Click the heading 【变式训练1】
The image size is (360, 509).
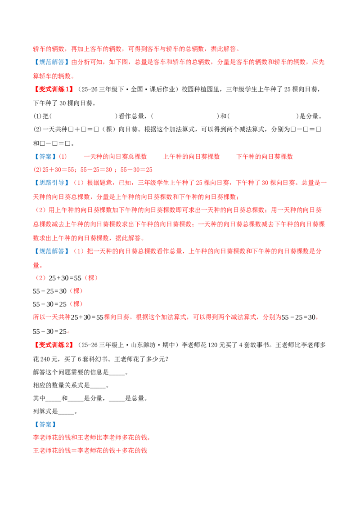[54, 89]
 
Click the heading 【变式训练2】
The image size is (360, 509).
[54, 345]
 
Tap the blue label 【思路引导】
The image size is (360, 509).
[52, 183]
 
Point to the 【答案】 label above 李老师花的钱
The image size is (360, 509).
[45, 424]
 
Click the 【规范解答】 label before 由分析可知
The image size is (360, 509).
[52, 62]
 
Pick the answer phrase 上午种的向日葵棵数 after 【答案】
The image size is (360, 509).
[191, 157]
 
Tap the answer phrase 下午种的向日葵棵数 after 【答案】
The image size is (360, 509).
[265, 157]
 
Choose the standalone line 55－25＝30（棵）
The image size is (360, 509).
[58, 291]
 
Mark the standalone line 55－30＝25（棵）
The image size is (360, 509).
[58, 304]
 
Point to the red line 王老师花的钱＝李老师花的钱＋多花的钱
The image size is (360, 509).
[90, 451]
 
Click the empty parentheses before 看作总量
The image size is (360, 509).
[84, 116]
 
